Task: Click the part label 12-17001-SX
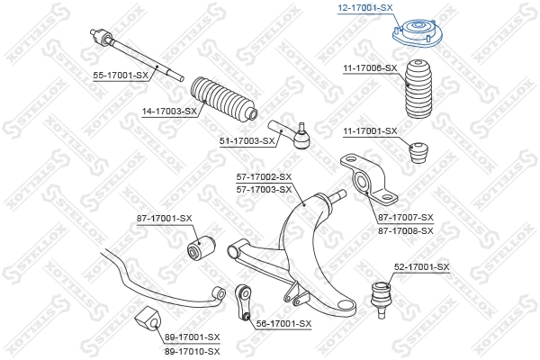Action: point(365,7)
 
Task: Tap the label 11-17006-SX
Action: point(369,68)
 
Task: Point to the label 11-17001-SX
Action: point(369,131)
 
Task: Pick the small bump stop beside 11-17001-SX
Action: point(418,152)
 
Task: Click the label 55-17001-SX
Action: point(121,75)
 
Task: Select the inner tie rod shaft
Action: point(135,54)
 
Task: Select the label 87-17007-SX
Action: point(405,219)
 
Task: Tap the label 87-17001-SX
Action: point(165,218)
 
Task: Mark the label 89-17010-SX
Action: point(193,348)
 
